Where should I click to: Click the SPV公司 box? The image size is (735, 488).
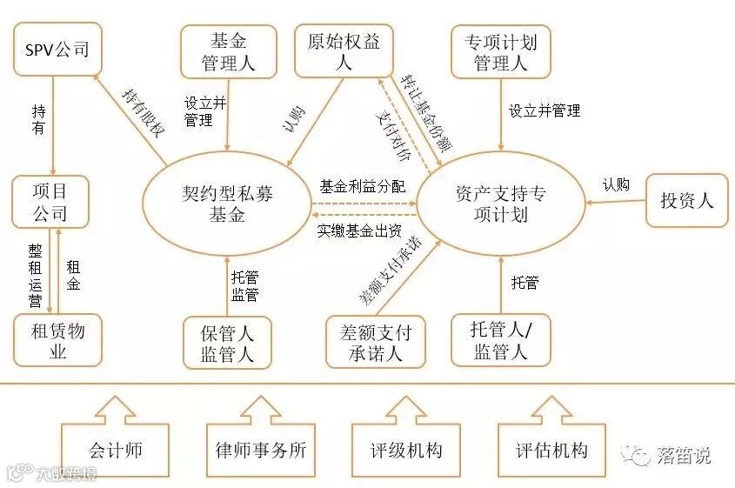tap(57, 50)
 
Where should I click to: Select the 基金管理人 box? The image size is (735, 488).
tap(228, 51)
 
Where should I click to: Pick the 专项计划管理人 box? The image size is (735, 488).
tap(500, 51)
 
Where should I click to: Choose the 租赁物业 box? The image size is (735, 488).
tap(57, 339)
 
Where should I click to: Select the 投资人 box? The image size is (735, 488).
tap(686, 201)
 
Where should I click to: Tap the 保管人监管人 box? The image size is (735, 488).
tap(227, 343)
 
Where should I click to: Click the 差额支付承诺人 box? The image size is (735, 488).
tap(374, 343)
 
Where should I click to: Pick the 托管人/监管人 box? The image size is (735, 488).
tap(500, 340)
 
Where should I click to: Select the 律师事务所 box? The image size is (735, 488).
tap(260, 451)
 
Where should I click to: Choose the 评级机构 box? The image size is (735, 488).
tap(405, 451)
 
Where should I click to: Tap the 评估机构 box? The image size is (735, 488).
tap(551, 451)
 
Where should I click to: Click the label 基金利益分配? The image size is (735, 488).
tap(362, 186)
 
